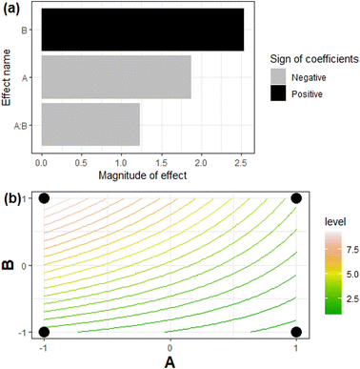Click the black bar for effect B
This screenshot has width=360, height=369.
pos(141,30)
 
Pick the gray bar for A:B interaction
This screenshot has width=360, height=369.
pos(90,124)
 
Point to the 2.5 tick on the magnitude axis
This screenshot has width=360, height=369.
pos(242,163)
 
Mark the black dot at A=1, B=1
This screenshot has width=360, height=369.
pos(296,197)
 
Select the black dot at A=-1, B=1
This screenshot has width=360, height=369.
pos(44,197)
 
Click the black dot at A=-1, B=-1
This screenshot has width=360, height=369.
pos(44,331)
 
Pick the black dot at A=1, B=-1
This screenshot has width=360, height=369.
pos(296,331)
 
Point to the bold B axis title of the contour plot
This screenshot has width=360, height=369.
pos(9,264)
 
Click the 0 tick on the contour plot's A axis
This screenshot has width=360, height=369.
pos(170,348)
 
